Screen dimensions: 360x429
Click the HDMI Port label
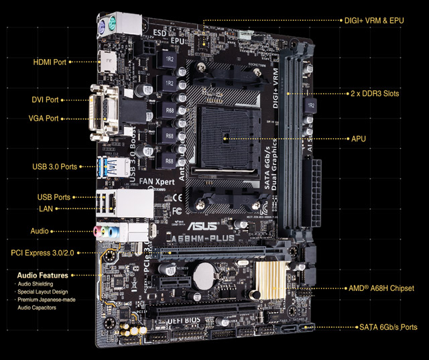click(50, 62)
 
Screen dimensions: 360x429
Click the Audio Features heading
click(42, 275)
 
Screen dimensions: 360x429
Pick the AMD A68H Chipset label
click(381, 288)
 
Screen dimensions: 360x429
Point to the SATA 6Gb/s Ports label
click(387, 327)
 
